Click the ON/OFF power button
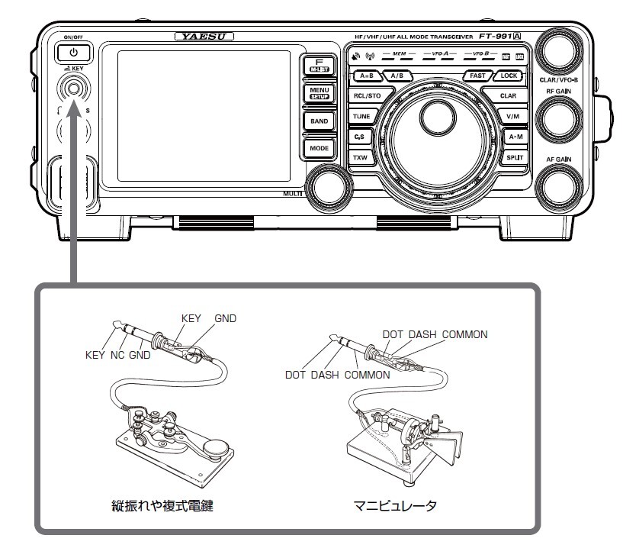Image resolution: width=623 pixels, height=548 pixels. pyautogui.click(x=73, y=53)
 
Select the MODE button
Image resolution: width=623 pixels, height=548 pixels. pyautogui.click(x=318, y=147)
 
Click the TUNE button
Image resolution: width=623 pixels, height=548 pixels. pyautogui.click(x=361, y=116)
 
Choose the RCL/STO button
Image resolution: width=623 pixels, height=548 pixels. pyautogui.click(x=367, y=96)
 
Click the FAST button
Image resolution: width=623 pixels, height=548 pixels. pyautogui.click(x=478, y=76)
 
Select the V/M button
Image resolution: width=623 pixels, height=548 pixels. pyautogui.click(x=512, y=116)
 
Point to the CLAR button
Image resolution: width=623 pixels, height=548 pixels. pyautogui.click(x=508, y=96)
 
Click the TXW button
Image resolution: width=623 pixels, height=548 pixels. pyautogui.click(x=360, y=156)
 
